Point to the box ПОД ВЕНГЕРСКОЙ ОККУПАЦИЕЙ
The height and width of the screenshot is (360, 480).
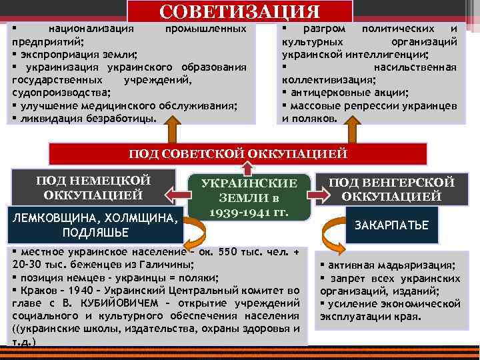coord(392,189)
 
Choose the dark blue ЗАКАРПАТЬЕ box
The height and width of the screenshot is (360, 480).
coord(391,225)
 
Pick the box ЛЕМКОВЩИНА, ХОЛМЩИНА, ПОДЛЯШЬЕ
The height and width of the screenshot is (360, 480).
coord(93,224)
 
